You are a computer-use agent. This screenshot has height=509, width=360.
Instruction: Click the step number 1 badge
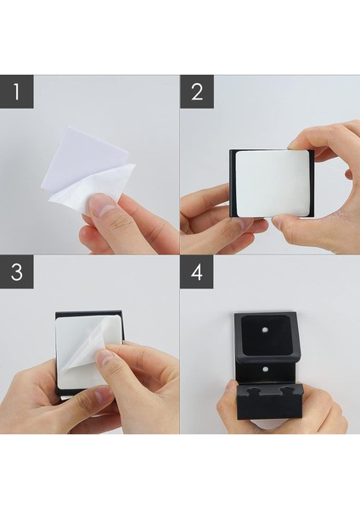pos(17,92)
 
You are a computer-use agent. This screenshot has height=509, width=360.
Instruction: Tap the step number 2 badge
pos(197,92)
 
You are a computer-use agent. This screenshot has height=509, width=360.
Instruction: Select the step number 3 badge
pos(17,271)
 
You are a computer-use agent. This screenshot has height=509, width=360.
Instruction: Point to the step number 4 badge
pos(197,271)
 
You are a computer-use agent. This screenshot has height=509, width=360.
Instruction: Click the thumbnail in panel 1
pos(101,205)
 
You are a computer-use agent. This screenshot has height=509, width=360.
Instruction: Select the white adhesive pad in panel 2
pos(273,183)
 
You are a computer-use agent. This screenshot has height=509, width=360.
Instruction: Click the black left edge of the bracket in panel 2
pos(233,183)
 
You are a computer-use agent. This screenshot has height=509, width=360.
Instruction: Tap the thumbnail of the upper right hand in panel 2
pos(295,145)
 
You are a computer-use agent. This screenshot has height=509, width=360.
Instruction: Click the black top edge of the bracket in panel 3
pos(88,315)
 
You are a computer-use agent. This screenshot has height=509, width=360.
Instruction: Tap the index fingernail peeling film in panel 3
pos(103,361)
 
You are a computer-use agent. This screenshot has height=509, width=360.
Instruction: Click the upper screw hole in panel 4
pos(265,330)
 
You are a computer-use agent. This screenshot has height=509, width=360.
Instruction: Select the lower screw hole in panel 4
pos(265,369)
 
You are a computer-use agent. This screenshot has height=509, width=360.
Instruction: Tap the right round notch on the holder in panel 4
pos(287,390)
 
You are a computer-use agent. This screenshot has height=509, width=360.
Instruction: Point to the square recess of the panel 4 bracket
pos(265,335)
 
